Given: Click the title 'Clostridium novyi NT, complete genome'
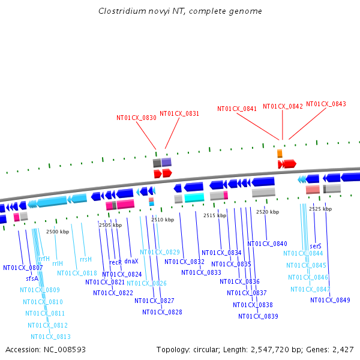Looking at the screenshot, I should tap(180, 11).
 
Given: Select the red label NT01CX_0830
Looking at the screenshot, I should tap(136, 118).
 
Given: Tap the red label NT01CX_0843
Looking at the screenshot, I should tap(326, 104).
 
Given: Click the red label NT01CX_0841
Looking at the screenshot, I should tap(237, 109).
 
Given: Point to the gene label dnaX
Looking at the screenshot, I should tap(131, 262).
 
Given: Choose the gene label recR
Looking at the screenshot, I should tap(115, 262).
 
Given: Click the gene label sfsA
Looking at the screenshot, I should tap(32, 278).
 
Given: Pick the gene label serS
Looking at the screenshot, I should tap(316, 246).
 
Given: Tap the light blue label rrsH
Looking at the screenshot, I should tap(85, 259).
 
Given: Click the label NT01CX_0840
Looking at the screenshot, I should tap(267, 244).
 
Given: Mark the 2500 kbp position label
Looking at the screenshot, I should tap(58, 232).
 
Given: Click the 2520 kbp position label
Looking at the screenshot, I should tap(267, 212).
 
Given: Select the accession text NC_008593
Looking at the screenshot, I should tap(46, 349).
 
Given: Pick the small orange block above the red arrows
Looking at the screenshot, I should tap(280, 154).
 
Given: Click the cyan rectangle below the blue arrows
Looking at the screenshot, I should tap(194, 197).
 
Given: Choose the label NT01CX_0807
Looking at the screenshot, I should tap(23, 268).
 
